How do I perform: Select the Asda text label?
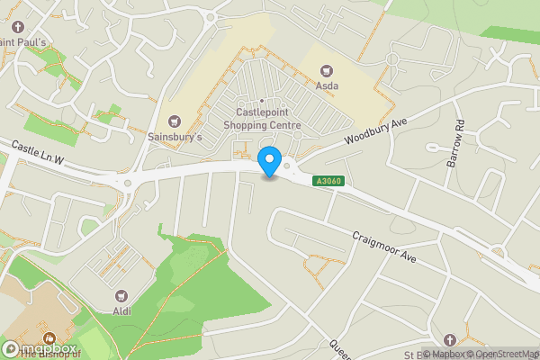327,85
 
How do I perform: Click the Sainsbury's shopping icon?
175,121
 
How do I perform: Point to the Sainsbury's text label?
175,137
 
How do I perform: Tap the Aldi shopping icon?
121,295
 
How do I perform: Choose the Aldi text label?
121,310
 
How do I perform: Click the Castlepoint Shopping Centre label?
261,119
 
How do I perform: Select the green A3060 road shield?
327,181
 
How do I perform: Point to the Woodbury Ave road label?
376,131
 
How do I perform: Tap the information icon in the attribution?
427,353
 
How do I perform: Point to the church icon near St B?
449,338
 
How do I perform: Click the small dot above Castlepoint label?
261,100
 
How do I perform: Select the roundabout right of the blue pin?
287,165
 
